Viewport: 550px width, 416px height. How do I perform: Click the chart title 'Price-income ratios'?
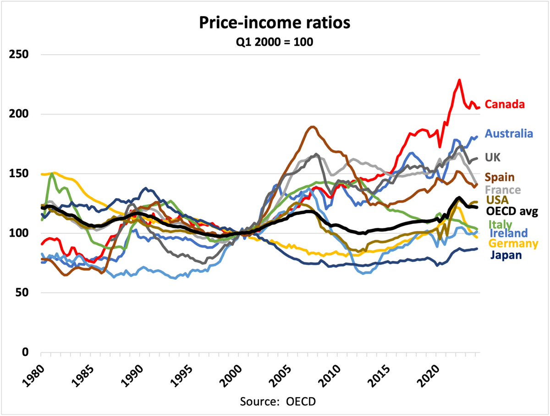point(275,23)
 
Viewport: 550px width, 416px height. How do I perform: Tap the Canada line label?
point(505,104)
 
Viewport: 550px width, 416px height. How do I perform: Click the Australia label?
point(509,133)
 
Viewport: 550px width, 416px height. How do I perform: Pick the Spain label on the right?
point(500,177)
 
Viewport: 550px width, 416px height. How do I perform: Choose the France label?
point(503,189)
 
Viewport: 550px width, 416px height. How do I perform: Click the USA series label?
point(496,200)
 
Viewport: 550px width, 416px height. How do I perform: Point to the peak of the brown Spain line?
point(313,127)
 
